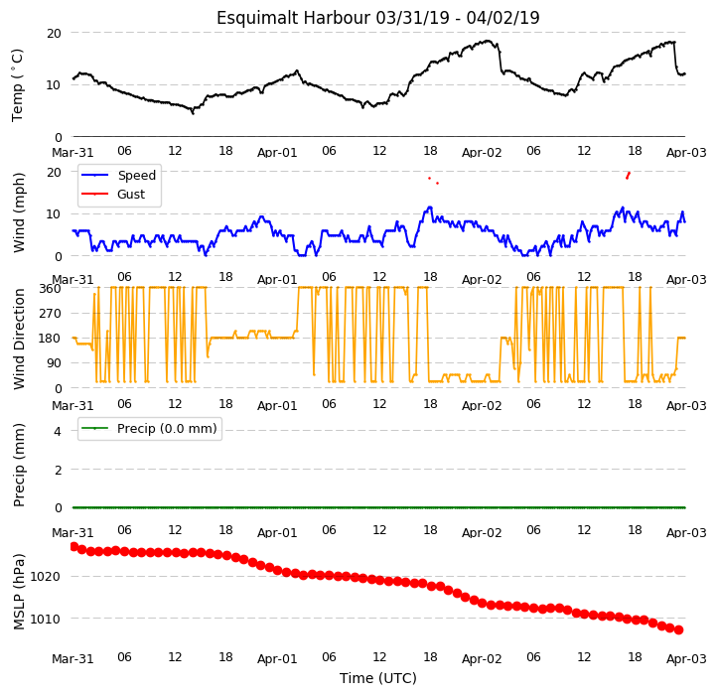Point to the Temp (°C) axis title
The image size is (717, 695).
point(17,85)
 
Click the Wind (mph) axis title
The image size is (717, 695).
point(18,213)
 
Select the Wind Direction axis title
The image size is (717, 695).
point(18,340)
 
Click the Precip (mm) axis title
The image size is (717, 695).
point(18,465)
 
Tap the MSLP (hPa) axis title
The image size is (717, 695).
point(18,592)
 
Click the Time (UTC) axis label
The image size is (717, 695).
point(377,678)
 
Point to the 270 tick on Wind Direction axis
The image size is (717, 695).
point(51,314)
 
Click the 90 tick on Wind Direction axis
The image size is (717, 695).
point(54,363)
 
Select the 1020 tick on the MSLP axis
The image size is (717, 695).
point(45,577)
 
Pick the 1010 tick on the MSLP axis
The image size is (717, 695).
point(45,620)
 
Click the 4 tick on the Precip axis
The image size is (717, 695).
point(58,431)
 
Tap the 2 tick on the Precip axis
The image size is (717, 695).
point(58,470)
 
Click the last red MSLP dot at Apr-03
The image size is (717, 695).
point(679,630)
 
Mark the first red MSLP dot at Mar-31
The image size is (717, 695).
point(74,547)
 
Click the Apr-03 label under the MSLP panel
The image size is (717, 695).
point(686,659)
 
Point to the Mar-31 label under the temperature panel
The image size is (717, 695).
point(72,152)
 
